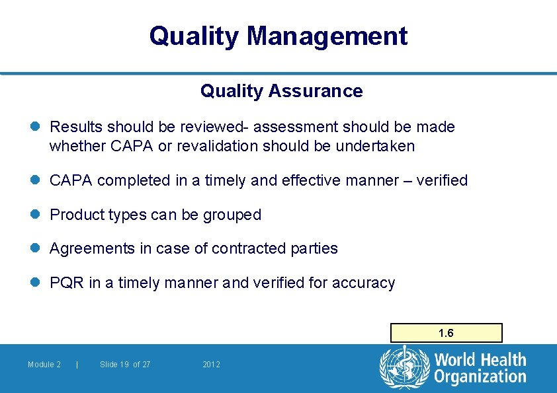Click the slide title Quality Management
pyautogui.click(x=278, y=36)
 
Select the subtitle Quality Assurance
pyautogui.click(x=281, y=91)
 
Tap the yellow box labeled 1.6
pyautogui.click(x=446, y=333)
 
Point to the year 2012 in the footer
pyautogui.click(x=212, y=365)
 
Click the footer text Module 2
pyautogui.click(x=44, y=365)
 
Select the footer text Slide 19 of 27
pyautogui.click(x=125, y=365)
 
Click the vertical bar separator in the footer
pyautogui.click(x=78, y=365)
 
